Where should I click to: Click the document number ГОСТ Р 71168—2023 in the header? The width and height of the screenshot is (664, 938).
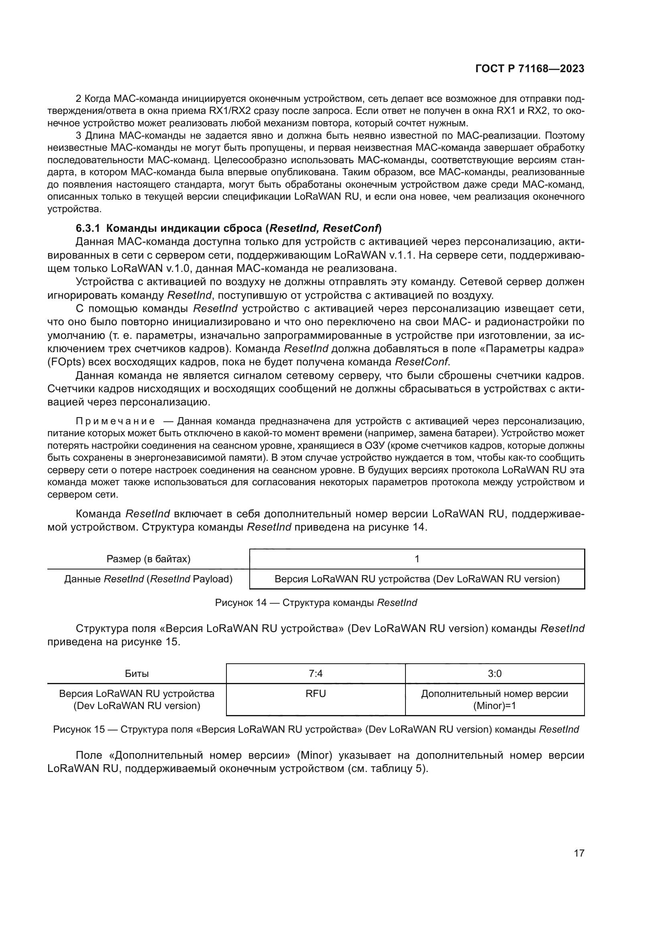tap(530, 69)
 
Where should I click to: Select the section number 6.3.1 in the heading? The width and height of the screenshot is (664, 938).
tap(88, 228)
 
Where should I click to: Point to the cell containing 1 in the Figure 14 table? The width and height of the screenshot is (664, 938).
tap(417, 559)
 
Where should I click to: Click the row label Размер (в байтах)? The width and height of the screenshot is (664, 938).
tap(149, 559)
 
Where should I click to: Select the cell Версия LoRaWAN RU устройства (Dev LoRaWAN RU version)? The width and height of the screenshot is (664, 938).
tap(417, 579)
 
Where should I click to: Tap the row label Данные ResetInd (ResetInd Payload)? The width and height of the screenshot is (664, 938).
tap(149, 579)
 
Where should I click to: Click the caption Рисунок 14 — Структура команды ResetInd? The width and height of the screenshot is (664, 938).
tap(316, 603)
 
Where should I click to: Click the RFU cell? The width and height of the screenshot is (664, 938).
tap(316, 694)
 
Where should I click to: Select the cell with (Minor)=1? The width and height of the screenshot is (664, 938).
tap(494, 705)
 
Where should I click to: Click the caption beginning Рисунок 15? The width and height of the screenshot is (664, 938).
tap(316, 729)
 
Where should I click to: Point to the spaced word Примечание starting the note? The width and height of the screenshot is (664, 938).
tap(115, 421)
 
